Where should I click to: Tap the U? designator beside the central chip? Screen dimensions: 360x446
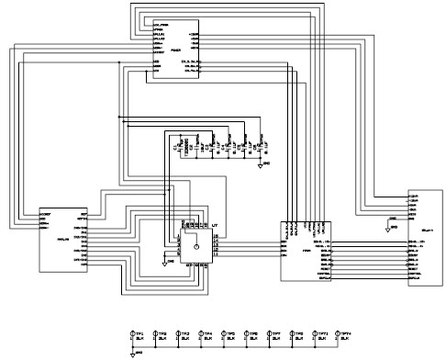click(215, 224)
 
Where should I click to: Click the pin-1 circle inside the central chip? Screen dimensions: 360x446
click(195, 248)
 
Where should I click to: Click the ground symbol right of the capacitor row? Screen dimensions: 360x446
click(261, 165)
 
